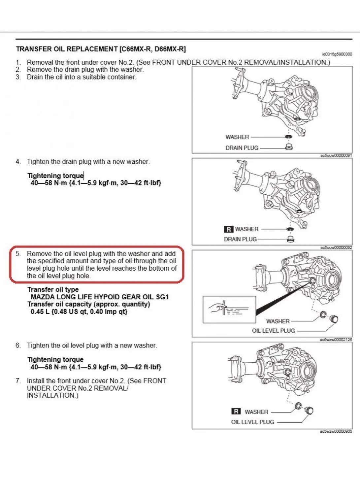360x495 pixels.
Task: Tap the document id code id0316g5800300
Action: pos(337,54)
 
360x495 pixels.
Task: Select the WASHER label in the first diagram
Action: pos(237,137)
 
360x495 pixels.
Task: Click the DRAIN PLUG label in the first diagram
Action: pos(242,148)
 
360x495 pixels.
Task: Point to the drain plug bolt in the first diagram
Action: pos(289,147)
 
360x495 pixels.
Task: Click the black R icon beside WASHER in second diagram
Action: pos(228,229)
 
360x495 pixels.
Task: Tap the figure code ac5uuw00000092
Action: pos(336,247)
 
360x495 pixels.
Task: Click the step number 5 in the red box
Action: pos(18,254)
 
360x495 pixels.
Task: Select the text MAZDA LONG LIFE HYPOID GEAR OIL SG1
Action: pos(99,297)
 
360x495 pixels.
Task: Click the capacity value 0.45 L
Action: pos(40,312)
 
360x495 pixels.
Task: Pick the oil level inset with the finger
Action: pos(229,310)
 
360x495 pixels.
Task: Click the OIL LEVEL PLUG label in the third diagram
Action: pos(273,331)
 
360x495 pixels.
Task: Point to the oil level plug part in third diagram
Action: pos(334,319)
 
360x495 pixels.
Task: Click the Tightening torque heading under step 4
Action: pos(55,176)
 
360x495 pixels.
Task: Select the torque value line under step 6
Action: pos(96,367)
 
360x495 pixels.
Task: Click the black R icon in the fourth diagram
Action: pos(236,412)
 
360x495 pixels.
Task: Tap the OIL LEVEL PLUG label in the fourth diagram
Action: pos(252,422)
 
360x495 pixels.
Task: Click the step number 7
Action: pos(18,381)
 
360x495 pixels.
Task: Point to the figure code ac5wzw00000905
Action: pos(336,431)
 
